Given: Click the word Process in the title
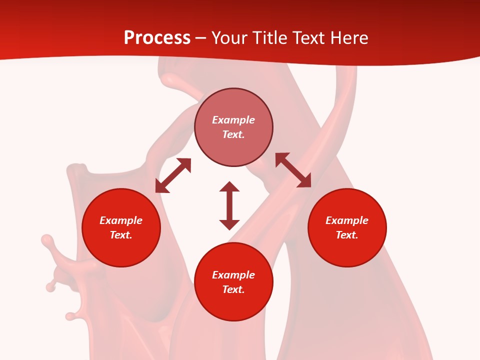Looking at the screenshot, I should (157, 38).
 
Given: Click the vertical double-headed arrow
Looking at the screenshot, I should (229, 206).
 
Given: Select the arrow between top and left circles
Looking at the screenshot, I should (173, 175).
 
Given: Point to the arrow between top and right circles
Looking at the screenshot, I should (293, 170).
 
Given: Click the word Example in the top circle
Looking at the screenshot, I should (233, 120).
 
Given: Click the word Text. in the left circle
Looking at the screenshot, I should (121, 235).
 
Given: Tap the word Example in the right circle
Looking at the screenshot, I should (347, 220).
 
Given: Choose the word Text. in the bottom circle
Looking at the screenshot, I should (233, 289).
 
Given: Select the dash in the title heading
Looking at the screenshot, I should (201, 38).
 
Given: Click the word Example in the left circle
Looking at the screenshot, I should (121, 220).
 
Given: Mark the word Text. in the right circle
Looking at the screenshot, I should (347, 235).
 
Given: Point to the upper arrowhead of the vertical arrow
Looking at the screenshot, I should (229, 186).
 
